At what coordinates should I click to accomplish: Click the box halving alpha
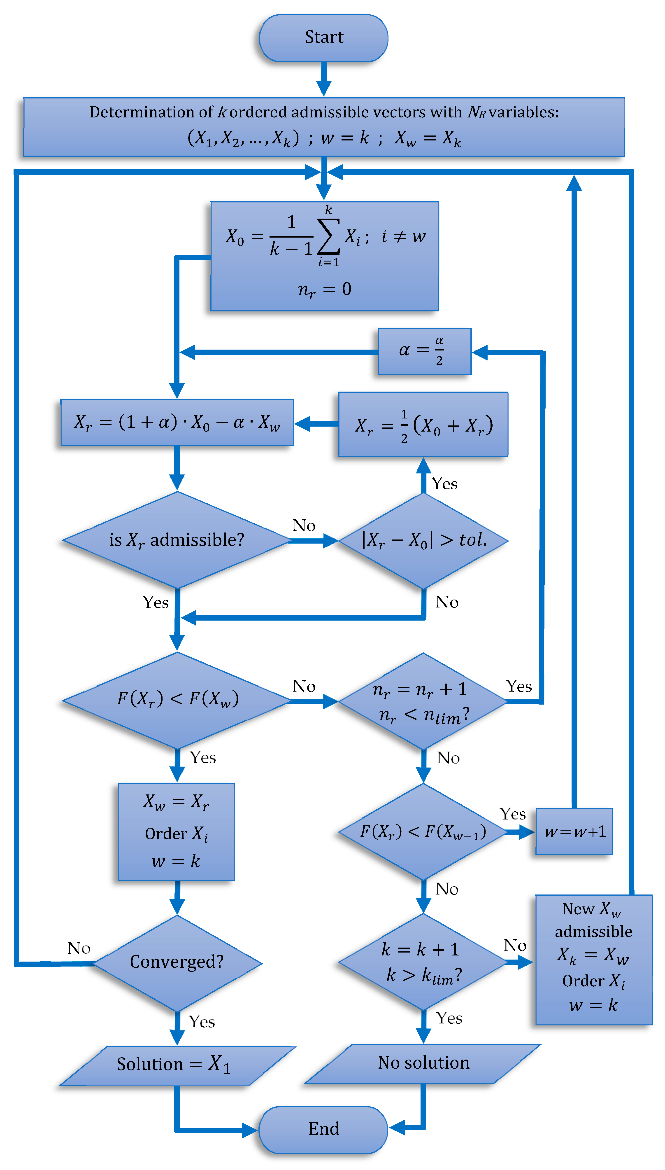[x=424, y=351]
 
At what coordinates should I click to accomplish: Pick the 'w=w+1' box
[x=574, y=831]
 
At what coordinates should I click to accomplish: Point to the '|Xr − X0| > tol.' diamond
[x=423, y=540]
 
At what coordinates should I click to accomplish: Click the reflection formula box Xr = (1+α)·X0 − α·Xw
[x=177, y=422]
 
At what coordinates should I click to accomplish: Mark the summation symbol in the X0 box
[x=328, y=236]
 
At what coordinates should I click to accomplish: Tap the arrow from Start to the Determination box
[x=324, y=79]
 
